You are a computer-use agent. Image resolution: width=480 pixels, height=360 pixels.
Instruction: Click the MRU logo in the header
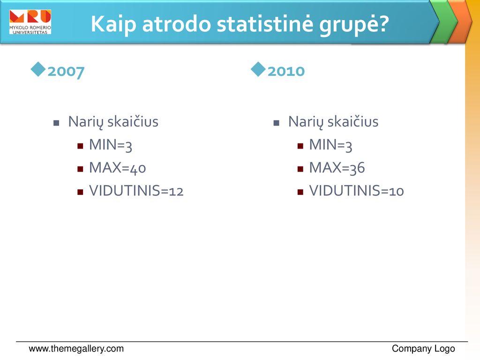(x=30, y=22)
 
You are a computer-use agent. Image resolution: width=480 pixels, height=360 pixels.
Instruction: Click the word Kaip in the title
(x=113, y=24)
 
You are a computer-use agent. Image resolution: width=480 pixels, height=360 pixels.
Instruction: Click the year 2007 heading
(x=66, y=72)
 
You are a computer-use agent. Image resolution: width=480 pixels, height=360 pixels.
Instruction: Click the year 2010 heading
(x=286, y=71)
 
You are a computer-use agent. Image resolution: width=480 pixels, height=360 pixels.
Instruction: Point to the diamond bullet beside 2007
(x=38, y=69)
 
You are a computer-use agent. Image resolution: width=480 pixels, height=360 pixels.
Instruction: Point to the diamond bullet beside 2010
(x=258, y=69)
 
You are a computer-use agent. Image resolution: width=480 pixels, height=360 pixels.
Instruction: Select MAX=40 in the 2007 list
(x=118, y=168)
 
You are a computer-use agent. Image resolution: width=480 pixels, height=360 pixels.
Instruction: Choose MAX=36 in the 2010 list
(x=337, y=168)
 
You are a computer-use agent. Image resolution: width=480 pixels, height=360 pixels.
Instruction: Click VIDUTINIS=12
(x=136, y=190)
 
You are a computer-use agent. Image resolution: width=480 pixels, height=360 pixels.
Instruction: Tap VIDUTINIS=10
(x=356, y=190)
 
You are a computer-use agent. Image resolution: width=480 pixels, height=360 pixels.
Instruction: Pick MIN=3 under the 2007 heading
(x=111, y=145)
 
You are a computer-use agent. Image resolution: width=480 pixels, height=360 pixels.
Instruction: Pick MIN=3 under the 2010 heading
(x=330, y=145)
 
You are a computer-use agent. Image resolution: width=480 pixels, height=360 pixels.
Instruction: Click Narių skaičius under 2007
(x=113, y=122)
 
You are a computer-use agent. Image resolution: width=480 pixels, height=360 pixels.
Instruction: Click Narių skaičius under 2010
(x=333, y=122)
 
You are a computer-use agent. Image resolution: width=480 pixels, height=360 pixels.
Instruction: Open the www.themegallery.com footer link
(x=76, y=349)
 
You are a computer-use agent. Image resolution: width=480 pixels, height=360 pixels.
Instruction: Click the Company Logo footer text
(x=423, y=349)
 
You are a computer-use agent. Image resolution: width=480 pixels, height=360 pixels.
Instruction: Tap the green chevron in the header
(x=444, y=22)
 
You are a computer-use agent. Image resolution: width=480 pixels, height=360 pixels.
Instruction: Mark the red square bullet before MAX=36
(x=300, y=169)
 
